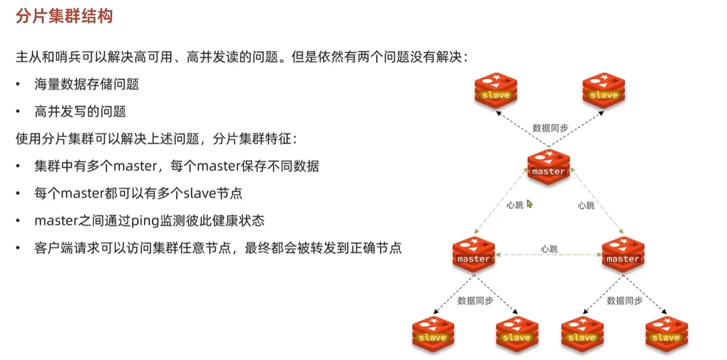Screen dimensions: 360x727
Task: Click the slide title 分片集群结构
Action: (65, 16)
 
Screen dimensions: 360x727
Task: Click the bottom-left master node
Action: (473, 253)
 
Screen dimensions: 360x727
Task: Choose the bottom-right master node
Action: (623, 253)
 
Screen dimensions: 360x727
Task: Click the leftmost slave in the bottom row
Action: (433, 333)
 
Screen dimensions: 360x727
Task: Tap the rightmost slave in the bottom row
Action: (666, 333)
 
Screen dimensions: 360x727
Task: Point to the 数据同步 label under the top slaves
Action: (550, 127)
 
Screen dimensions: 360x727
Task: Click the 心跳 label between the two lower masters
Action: (549, 249)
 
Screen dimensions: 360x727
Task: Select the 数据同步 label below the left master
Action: (475, 300)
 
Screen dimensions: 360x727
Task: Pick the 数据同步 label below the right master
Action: (624, 300)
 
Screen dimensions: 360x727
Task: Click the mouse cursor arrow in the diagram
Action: (529, 204)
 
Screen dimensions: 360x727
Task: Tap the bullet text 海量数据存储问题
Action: (86, 84)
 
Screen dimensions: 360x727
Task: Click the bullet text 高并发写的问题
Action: (80, 111)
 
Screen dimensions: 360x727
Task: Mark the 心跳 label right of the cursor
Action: (586, 205)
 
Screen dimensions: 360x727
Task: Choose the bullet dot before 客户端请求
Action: (19, 248)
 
